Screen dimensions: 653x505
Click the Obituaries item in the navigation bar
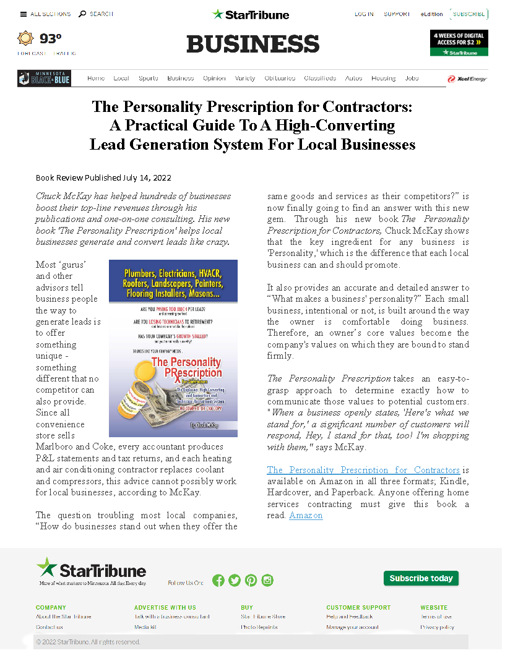(x=280, y=79)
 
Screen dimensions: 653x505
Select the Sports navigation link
(x=149, y=79)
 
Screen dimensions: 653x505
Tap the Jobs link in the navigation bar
(x=412, y=79)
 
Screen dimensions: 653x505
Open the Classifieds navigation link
(x=320, y=79)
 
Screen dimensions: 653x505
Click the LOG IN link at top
(x=364, y=14)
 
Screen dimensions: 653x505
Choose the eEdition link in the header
(x=431, y=14)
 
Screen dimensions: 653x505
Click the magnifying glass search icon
(x=82, y=14)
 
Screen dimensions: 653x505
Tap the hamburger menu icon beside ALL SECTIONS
(x=24, y=14)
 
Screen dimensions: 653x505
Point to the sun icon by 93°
(x=25, y=39)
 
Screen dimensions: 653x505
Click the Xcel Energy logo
(x=467, y=79)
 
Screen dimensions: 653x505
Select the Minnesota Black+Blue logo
(x=45, y=79)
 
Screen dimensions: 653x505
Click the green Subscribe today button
(x=421, y=578)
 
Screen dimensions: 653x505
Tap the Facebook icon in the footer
(x=218, y=580)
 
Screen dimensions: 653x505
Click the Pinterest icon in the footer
(x=251, y=580)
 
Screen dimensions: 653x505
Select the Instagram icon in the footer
(x=267, y=580)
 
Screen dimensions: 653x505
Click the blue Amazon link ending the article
(x=306, y=515)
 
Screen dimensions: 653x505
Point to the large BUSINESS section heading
(x=252, y=44)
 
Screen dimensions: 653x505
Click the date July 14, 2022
(x=147, y=178)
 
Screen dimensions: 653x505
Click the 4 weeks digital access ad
(x=459, y=43)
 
